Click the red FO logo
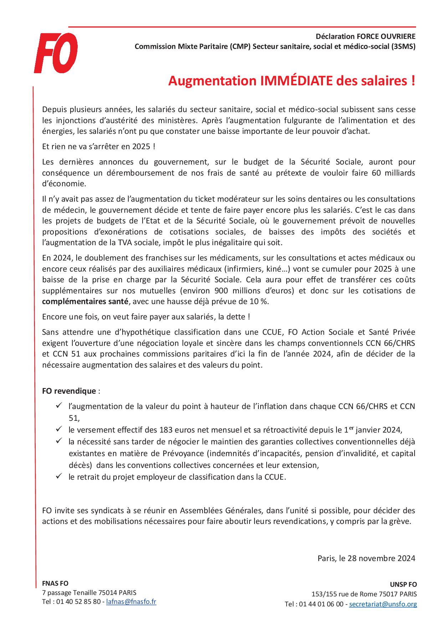(x=56, y=53)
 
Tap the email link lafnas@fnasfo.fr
(x=131, y=601)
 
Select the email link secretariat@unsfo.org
(x=383, y=604)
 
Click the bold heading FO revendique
(x=69, y=391)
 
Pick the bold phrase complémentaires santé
(x=85, y=301)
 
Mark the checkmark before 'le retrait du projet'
(x=59, y=476)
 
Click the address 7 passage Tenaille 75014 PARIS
(x=89, y=593)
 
